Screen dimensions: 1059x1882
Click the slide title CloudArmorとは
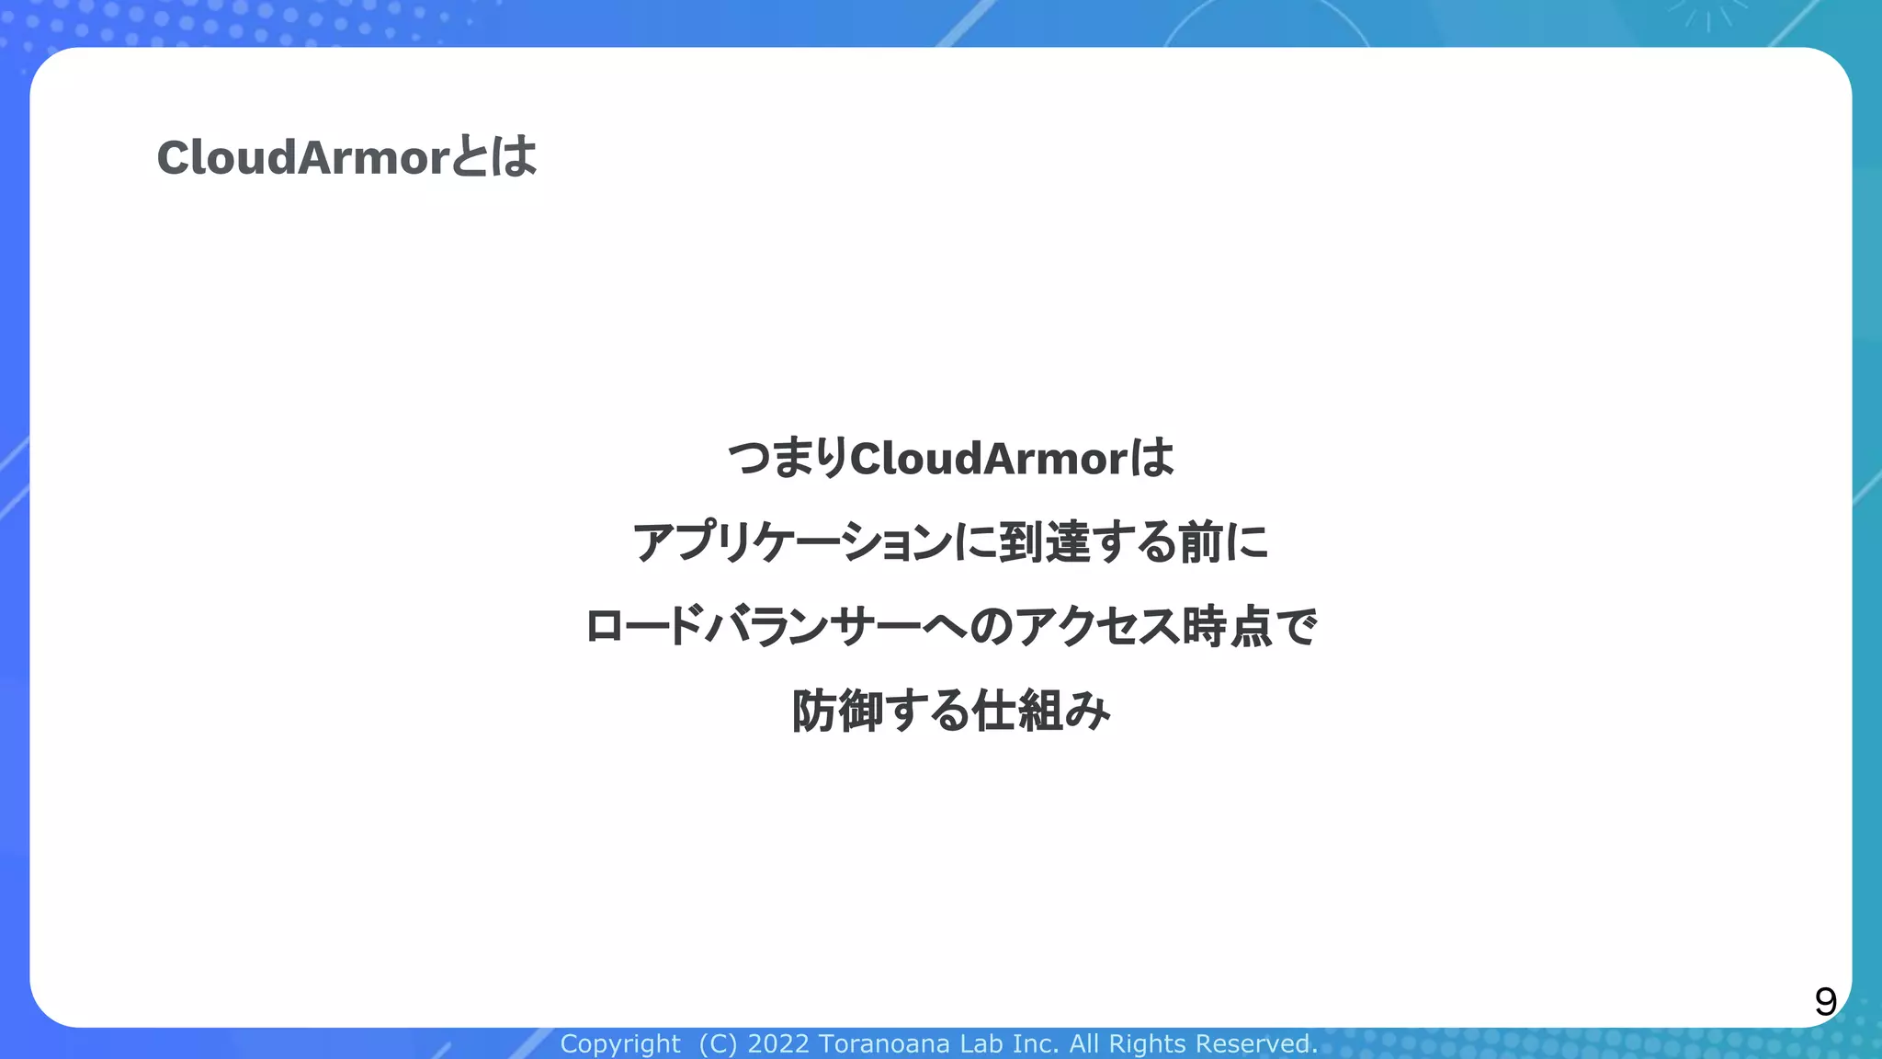click(x=346, y=157)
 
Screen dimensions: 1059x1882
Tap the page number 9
click(x=1825, y=1001)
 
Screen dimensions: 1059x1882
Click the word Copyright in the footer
click(x=620, y=1044)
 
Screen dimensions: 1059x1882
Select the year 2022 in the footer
click(x=778, y=1044)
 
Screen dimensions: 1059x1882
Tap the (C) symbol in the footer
click(x=718, y=1044)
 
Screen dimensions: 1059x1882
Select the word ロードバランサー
click(x=753, y=627)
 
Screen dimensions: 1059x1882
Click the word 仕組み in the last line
click(x=1042, y=711)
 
